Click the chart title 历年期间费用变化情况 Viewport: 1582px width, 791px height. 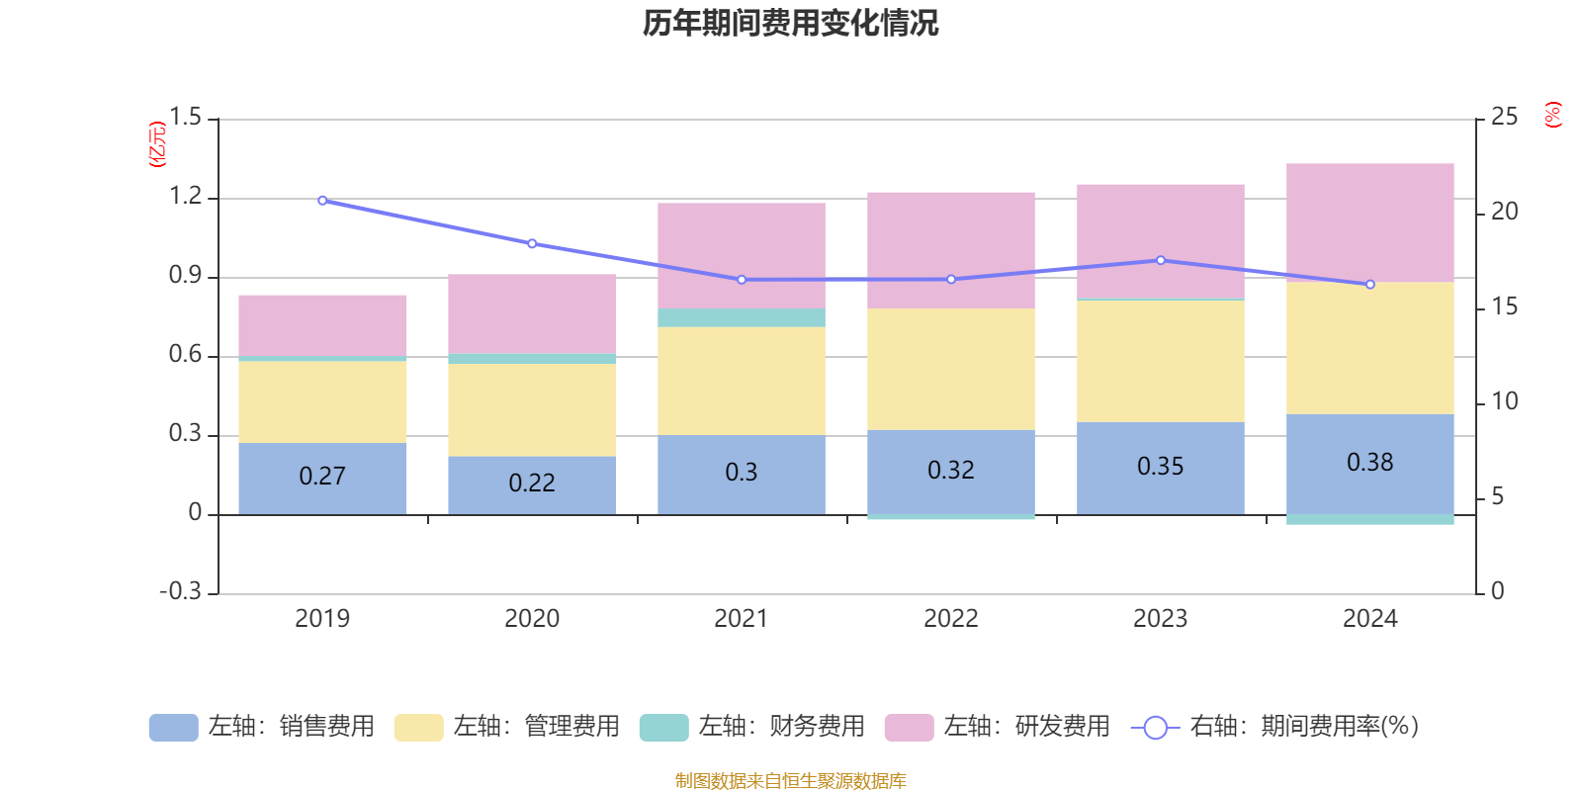pyautogui.click(x=791, y=23)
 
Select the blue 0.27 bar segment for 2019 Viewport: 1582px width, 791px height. pyautogui.click(x=322, y=478)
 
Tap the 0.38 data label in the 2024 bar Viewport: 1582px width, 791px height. pyautogui.click(x=1369, y=463)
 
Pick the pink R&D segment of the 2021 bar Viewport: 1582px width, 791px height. pyautogui.click(x=742, y=255)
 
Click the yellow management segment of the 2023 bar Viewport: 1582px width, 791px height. pyautogui.click(x=1160, y=361)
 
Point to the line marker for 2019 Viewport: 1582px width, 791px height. pyautogui.click(x=322, y=201)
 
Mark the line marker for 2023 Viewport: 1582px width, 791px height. pyautogui.click(x=1161, y=260)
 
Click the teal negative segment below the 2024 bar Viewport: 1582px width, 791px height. pyautogui.click(x=1369, y=519)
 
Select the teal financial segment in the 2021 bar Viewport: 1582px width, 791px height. pyautogui.click(x=742, y=317)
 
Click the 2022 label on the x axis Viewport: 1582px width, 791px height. pyautogui.click(x=951, y=619)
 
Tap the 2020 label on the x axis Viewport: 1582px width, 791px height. pyautogui.click(x=532, y=619)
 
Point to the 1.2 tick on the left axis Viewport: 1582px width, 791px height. pyautogui.click(x=185, y=197)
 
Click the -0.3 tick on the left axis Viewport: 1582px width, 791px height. pyautogui.click(x=180, y=591)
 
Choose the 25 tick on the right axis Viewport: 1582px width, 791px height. pyautogui.click(x=1504, y=118)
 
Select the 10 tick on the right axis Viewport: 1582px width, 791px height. pyautogui.click(x=1504, y=401)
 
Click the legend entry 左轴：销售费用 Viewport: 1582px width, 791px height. pyautogui.click(x=262, y=727)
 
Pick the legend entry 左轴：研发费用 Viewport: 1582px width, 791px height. pyautogui.click(x=998, y=727)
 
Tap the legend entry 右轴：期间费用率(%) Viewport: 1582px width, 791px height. pyautogui.click(x=1275, y=727)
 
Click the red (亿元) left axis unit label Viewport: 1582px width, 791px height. pyautogui.click(x=157, y=144)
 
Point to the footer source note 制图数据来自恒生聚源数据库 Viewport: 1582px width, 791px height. pyautogui.click(x=791, y=781)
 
